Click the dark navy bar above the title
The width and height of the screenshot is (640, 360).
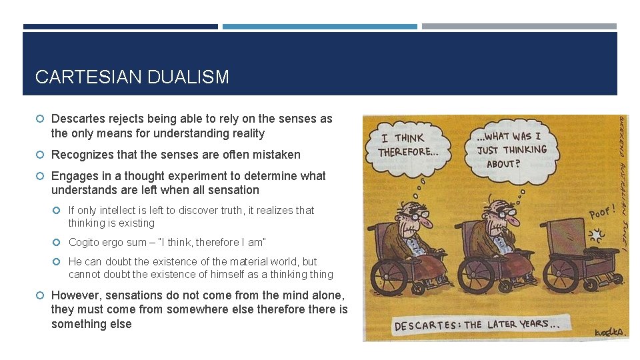[x=120, y=27]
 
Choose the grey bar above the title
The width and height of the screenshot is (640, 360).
[x=519, y=27]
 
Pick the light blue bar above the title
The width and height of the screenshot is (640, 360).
[x=320, y=27]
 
